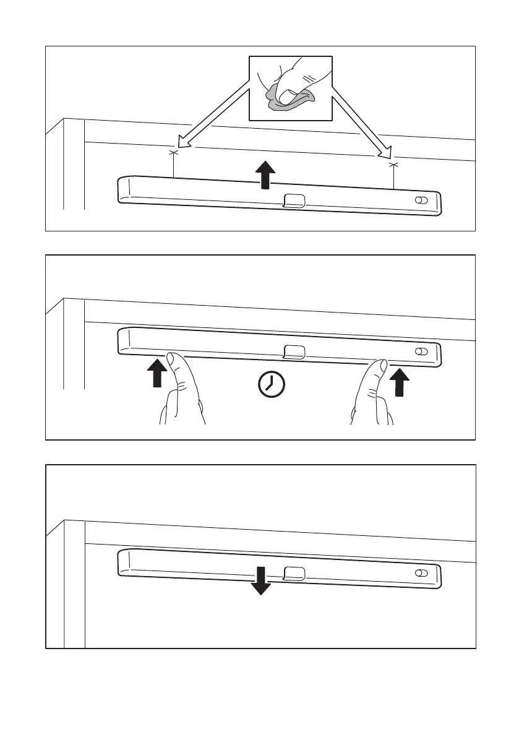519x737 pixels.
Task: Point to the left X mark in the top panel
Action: pos(173,152)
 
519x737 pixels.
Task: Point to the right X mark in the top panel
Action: pos(393,165)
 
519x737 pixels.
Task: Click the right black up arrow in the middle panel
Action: pos(401,382)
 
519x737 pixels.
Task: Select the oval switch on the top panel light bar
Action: pos(421,201)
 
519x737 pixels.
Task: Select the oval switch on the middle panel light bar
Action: pos(421,351)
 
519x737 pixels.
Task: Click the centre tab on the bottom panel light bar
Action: pos(294,573)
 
